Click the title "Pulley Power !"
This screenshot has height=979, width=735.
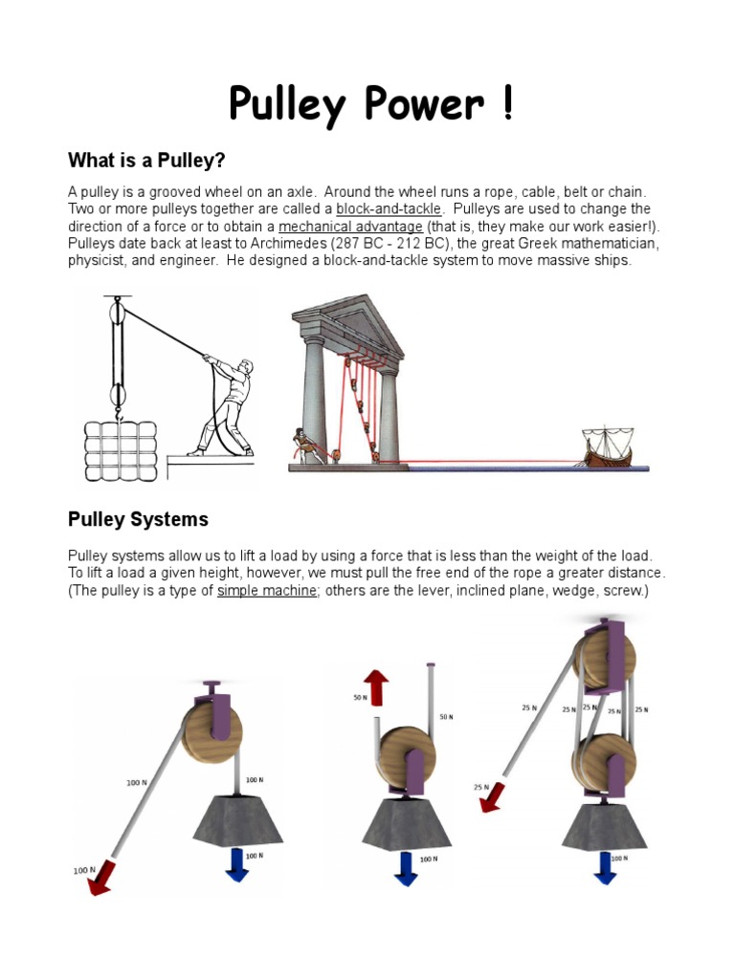click(x=370, y=104)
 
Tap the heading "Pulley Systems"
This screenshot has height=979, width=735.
click(x=138, y=520)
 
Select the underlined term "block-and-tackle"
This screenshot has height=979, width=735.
click(x=389, y=208)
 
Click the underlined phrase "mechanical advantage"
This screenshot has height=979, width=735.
click(x=350, y=227)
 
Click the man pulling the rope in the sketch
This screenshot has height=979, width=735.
click(x=226, y=402)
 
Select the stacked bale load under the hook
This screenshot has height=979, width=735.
click(x=119, y=451)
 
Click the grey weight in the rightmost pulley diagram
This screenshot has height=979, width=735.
click(x=604, y=825)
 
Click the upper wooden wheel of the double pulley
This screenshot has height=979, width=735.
click(x=599, y=658)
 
